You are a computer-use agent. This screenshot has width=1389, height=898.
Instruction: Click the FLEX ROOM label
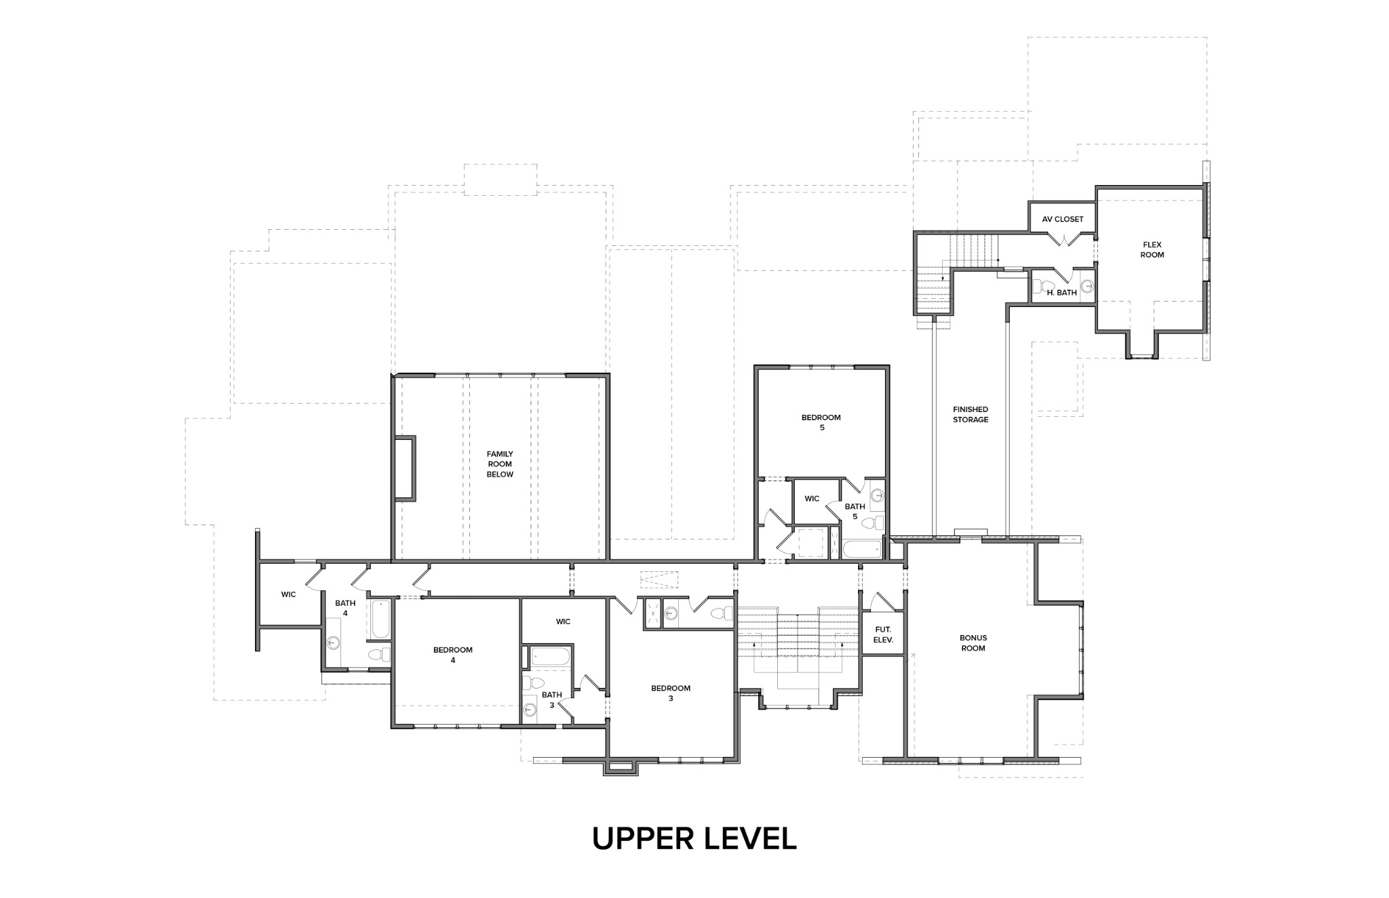click(1152, 249)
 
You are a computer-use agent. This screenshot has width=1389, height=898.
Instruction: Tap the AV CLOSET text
click(1062, 220)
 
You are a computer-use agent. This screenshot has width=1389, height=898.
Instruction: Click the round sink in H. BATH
click(1087, 286)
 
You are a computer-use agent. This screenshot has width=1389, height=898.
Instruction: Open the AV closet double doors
click(1062, 239)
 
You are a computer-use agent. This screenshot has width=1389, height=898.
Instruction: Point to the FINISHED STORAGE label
click(970, 414)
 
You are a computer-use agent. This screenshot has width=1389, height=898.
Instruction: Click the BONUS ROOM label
click(973, 642)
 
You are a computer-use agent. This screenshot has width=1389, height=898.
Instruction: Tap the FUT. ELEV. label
click(883, 634)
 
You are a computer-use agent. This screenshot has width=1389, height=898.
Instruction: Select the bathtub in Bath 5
click(861, 549)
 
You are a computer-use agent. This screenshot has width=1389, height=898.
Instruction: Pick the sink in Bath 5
click(876, 495)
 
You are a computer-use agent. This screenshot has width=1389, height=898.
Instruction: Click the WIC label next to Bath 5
click(812, 499)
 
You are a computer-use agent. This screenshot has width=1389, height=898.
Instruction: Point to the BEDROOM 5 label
click(821, 422)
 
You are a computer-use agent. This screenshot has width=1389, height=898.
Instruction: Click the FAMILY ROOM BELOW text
click(500, 464)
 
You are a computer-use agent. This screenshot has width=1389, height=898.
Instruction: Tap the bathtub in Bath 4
click(380, 618)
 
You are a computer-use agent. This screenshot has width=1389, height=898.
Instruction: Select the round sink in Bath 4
click(333, 642)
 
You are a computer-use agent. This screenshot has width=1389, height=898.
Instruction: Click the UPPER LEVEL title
click(694, 839)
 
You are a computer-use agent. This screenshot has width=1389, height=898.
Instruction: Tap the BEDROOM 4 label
click(452, 655)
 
